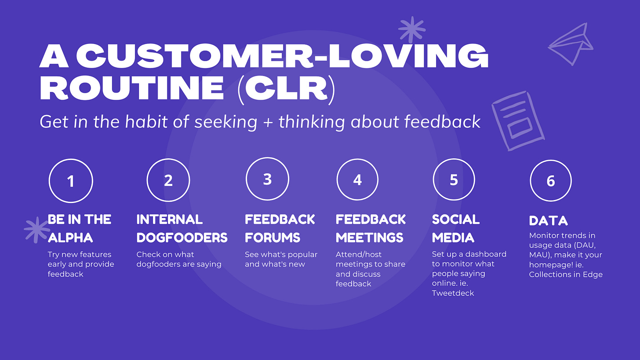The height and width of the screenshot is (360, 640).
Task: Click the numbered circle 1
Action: point(71,181)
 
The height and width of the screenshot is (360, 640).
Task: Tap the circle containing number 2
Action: point(168,181)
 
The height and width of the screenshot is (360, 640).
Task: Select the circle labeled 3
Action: point(267,179)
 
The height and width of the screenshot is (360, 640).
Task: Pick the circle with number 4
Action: point(357,180)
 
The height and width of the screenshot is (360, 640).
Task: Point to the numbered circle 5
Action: point(454,180)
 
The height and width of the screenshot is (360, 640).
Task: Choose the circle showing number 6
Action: point(551,181)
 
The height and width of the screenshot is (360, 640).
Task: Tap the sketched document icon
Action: point(512,121)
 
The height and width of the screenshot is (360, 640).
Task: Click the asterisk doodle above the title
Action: point(411,29)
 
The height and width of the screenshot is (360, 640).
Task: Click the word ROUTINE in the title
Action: point(132,87)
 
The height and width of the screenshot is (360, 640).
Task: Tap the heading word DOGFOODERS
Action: point(182,238)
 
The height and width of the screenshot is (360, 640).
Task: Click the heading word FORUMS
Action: point(273,238)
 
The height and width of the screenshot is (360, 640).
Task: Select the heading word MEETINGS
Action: point(369,238)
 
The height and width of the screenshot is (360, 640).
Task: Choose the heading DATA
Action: point(548,221)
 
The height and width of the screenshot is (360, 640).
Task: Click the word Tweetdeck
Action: point(453,293)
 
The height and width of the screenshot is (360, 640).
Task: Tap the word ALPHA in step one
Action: point(70,238)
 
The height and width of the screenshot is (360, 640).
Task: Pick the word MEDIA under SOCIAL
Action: point(453,238)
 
